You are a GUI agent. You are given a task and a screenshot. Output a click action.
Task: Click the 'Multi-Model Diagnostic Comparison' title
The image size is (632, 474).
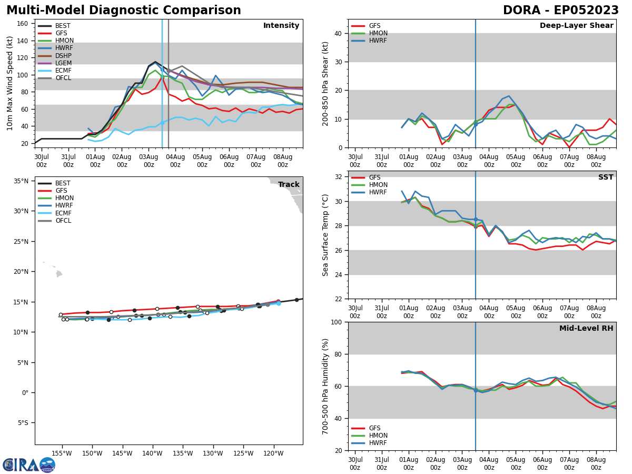[124, 11]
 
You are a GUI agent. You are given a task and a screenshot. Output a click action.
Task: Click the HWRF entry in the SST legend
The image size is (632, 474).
[378, 192]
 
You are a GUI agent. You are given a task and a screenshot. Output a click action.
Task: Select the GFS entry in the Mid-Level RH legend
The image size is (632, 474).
[375, 428]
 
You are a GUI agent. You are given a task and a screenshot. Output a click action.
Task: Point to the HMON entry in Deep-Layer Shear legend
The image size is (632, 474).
[378, 33]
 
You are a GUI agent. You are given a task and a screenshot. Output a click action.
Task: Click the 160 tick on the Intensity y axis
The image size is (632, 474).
[23, 24]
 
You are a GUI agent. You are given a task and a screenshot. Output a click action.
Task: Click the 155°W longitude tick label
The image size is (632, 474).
[62, 453]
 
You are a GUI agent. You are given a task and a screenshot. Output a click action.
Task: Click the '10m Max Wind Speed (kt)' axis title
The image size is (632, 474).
[9, 83]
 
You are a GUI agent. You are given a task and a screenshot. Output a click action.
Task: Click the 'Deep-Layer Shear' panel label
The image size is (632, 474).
[576, 26]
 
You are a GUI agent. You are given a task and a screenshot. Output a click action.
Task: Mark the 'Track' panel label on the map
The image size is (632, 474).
[289, 185]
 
